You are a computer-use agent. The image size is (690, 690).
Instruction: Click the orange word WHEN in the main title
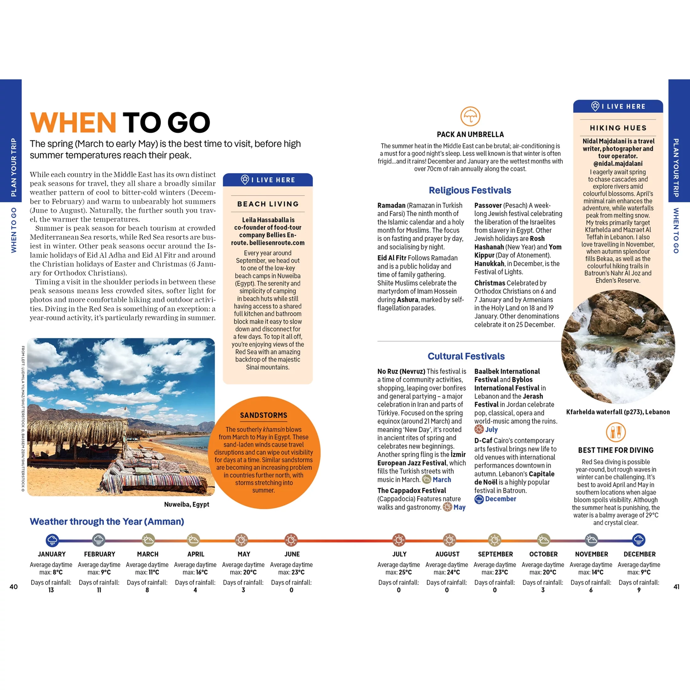point(73,123)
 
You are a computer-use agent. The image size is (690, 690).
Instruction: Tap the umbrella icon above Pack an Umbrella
point(470,116)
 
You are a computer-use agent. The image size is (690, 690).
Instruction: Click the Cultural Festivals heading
point(466,356)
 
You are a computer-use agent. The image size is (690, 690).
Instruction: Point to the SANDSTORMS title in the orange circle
point(263,415)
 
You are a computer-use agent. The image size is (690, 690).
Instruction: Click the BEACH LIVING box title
point(268,204)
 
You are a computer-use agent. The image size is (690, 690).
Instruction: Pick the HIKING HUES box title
point(618,128)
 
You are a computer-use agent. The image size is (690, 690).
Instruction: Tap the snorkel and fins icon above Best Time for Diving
point(616,432)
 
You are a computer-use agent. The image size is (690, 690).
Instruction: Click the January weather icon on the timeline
point(52,540)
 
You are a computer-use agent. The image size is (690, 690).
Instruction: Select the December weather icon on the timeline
point(639,540)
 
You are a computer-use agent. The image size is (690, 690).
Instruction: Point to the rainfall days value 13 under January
point(51,590)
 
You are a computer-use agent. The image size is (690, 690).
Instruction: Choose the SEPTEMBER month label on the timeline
point(495,554)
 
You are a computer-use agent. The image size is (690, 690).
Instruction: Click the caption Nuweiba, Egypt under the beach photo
point(186,504)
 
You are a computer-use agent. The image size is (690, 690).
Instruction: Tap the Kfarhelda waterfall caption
point(618,412)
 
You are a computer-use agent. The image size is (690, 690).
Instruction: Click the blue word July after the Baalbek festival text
point(491,430)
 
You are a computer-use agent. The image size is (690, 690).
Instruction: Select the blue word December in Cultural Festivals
point(500,499)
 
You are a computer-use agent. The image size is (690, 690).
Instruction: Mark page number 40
point(13,587)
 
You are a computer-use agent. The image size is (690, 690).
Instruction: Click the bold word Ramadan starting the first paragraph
point(391,205)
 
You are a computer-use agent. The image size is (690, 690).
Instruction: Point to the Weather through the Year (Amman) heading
point(107,522)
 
